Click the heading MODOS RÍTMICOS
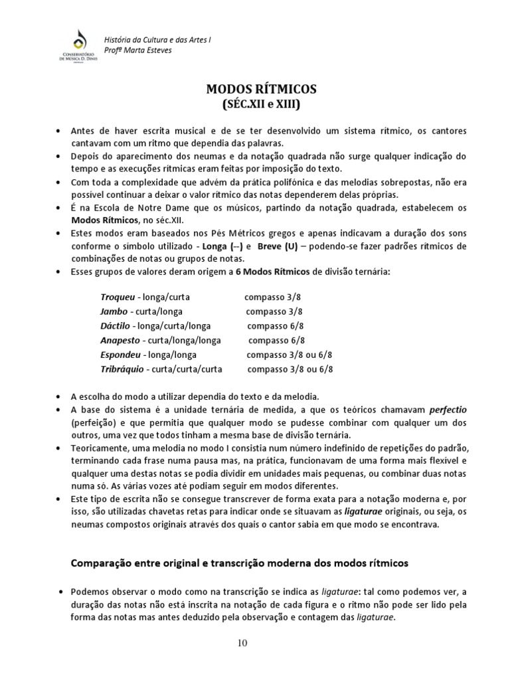(x=255, y=89)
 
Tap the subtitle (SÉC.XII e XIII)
(x=255, y=104)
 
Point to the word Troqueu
(x=118, y=297)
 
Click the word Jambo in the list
(x=114, y=311)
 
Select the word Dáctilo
(x=116, y=326)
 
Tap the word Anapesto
(x=120, y=340)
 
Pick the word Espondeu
(x=120, y=355)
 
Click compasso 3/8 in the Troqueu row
(x=272, y=297)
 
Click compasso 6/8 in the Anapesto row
(x=276, y=340)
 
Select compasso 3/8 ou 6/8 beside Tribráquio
(x=290, y=369)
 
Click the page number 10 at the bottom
(x=255, y=643)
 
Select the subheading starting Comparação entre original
(x=240, y=562)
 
